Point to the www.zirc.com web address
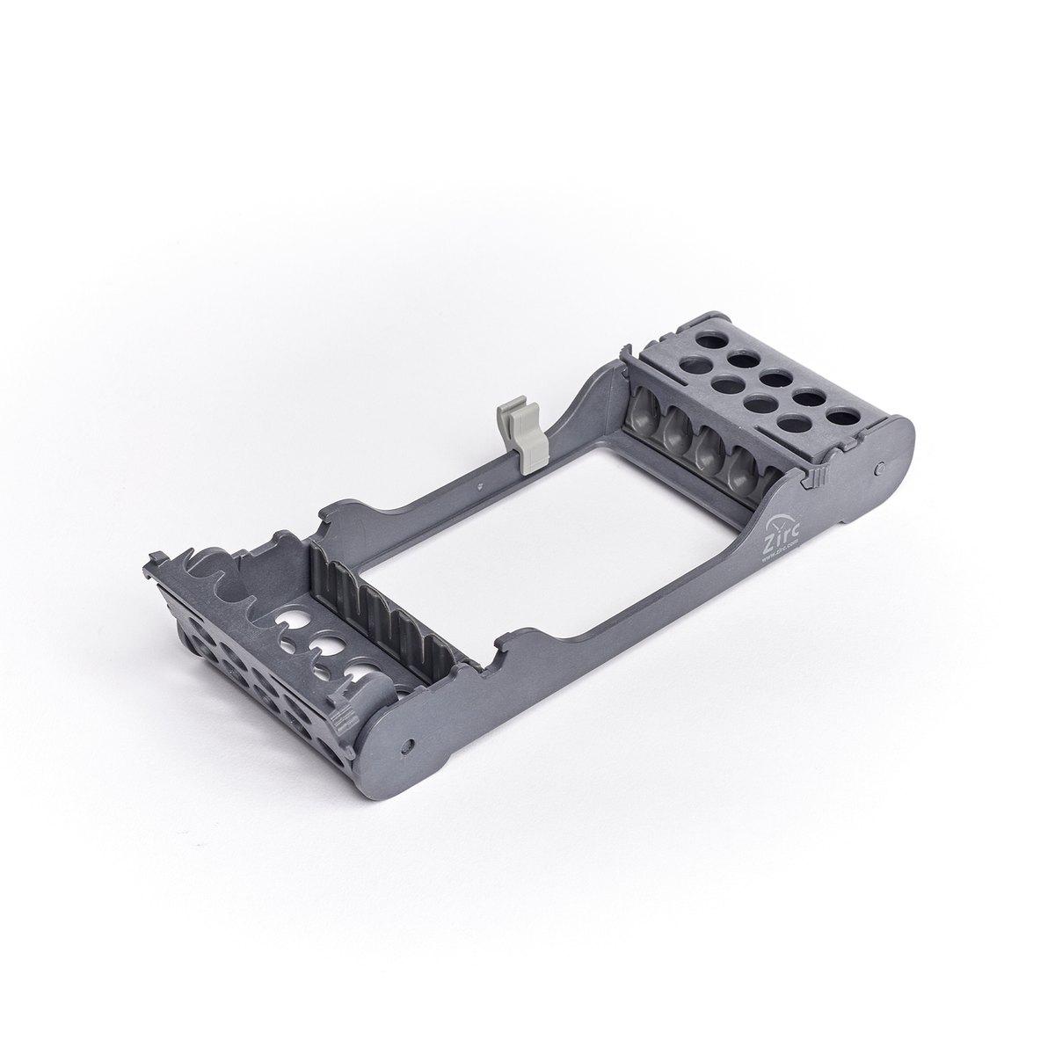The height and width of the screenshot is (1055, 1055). pyautogui.click(x=779, y=546)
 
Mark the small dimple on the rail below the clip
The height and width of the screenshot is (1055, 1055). pyautogui.click(x=480, y=483)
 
